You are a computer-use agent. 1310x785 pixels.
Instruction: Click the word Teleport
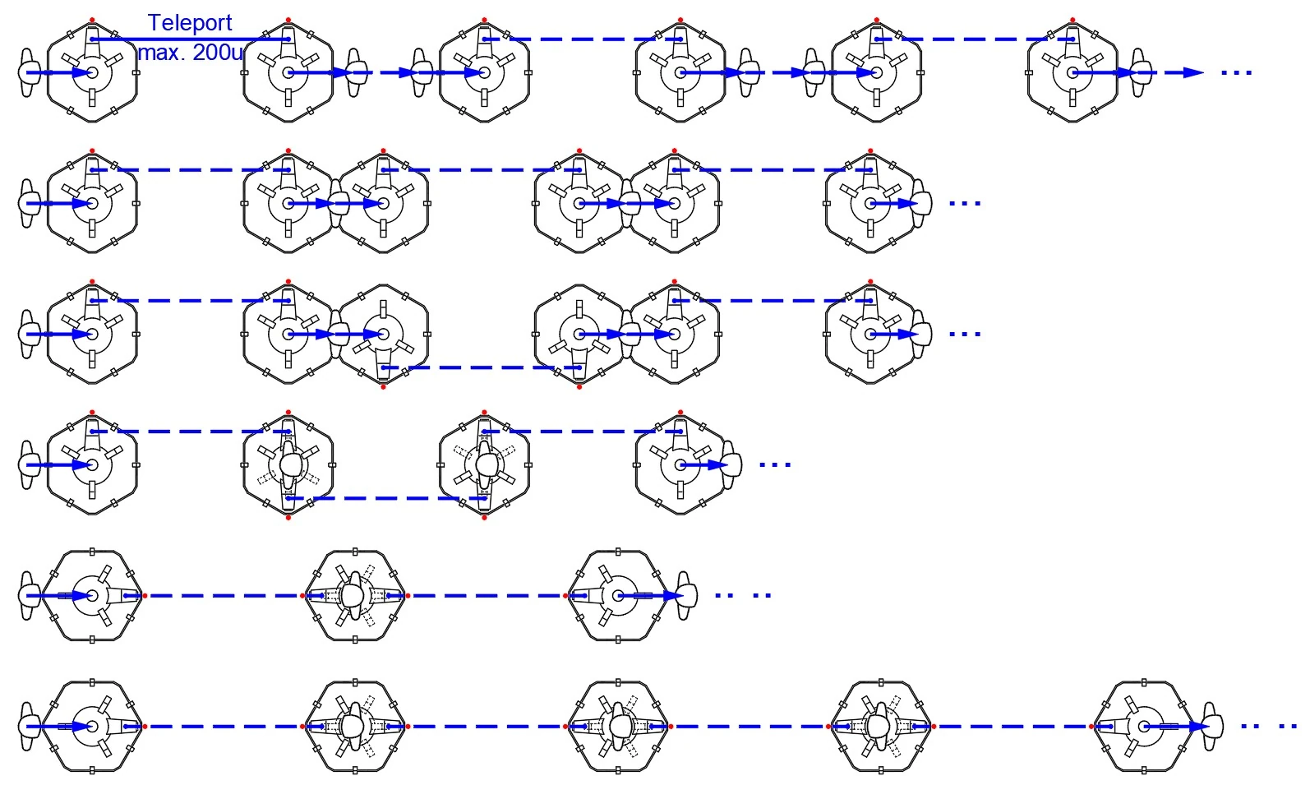click(x=190, y=23)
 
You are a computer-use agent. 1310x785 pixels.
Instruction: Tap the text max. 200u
click(x=191, y=53)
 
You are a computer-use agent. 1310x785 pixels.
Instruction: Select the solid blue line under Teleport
click(x=190, y=39)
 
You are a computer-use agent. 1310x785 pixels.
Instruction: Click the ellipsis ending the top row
click(x=1236, y=73)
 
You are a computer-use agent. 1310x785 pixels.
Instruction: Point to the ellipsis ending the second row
click(x=965, y=203)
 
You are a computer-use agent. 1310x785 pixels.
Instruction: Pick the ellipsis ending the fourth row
click(x=775, y=465)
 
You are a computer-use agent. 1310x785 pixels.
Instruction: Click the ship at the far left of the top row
click(x=28, y=72)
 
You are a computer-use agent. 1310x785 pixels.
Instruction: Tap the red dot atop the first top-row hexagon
click(x=92, y=20)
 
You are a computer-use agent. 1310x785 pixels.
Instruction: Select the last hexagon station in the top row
click(x=1072, y=72)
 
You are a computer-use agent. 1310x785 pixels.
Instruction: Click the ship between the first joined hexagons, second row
click(x=337, y=203)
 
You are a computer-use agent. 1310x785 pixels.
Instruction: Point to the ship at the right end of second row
click(x=922, y=203)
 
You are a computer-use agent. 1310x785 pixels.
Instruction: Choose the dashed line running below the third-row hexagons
click(x=481, y=367)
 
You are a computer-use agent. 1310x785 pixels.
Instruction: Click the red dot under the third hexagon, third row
click(x=579, y=386)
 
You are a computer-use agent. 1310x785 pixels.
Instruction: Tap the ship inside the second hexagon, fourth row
click(x=288, y=465)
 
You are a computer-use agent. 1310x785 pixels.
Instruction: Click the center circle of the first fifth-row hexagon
click(x=92, y=596)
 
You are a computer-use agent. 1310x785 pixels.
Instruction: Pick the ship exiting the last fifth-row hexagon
click(x=686, y=596)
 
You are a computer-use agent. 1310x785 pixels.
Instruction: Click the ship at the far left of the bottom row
click(x=28, y=727)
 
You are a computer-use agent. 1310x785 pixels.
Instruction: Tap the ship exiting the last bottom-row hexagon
click(x=1211, y=727)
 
